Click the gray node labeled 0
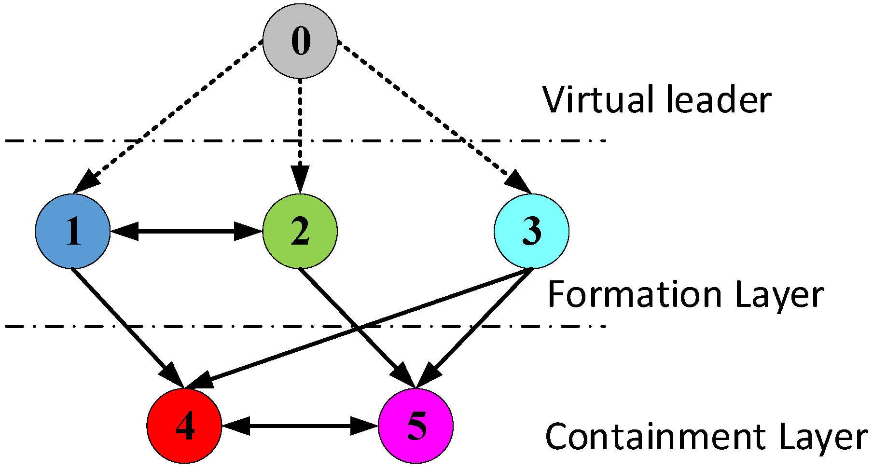[300, 41]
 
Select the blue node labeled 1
[73, 231]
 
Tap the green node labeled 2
[300, 231]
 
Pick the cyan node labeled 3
[531, 231]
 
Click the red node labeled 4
[184, 426]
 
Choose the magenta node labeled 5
[416, 426]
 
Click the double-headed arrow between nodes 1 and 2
[186, 231]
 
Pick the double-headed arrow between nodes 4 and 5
[300, 426]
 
